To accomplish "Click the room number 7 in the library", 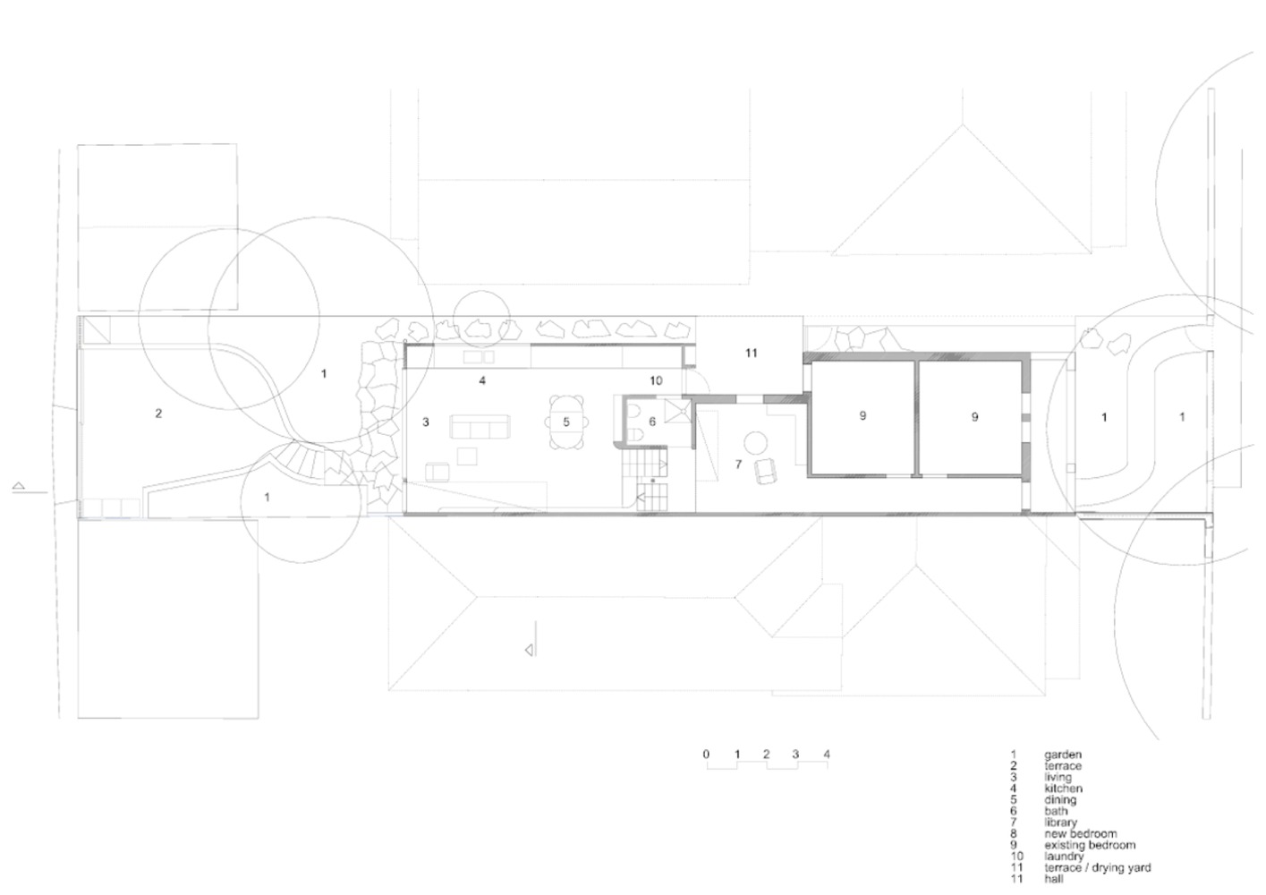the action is pyautogui.click(x=738, y=465).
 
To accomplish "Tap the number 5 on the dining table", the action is pyautogui.click(x=565, y=422).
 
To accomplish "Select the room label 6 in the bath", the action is pyautogui.click(x=652, y=422).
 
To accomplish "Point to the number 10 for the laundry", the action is pyautogui.click(x=656, y=381).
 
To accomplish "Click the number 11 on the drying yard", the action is pyautogui.click(x=751, y=354).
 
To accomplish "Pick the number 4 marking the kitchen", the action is pyautogui.click(x=482, y=381).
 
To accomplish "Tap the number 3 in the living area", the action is pyautogui.click(x=426, y=422).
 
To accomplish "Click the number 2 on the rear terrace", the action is pyautogui.click(x=158, y=413).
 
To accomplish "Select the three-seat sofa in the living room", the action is pyautogui.click(x=480, y=427).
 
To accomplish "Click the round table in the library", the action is pyautogui.click(x=756, y=443).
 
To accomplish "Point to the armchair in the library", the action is pyautogui.click(x=766, y=472).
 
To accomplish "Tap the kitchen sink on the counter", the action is pyautogui.click(x=479, y=357).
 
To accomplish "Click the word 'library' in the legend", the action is pyautogui.click(x=1060, y=823).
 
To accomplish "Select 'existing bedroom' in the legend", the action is pyautogui.click(x=1090, y=845).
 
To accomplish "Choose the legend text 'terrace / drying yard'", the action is pyautogui.click(x=1097, y=868).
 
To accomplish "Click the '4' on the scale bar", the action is pyautogui.click(x=827, y=754).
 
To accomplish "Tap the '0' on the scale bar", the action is pyautogui.click(x=706, y=754).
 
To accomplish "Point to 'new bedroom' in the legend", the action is pyautogui.click(x=1081, y=834).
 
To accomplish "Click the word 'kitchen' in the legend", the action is pyautogui.click(x=1063, y=788).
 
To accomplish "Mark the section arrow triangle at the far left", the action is pyautogui.click(x=18, y=485).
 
